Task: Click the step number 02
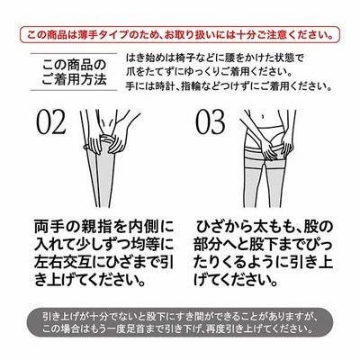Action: (51, 122)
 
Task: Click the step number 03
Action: (210, 122)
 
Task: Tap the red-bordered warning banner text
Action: (180, 34)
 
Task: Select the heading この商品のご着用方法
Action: (75, 72)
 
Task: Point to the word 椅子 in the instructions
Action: (179, 57)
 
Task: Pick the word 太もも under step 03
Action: (272, 228)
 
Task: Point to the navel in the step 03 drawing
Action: (263, 115)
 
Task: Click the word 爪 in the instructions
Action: (130, 72)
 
